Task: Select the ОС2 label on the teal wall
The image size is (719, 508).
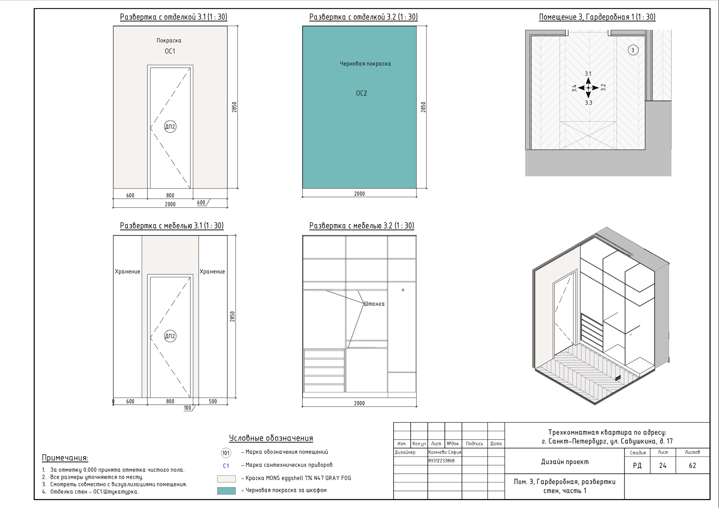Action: click(x=361, y=93)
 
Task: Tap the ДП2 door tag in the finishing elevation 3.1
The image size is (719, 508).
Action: click(x=170, y=127)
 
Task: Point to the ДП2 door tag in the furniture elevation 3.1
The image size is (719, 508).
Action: click(x=170, y=336)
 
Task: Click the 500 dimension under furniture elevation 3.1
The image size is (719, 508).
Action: click(x=213, y=401)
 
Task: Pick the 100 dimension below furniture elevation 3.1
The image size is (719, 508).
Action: click(x=187, y=408)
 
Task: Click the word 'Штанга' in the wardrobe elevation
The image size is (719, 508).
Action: click(x=374, y=304)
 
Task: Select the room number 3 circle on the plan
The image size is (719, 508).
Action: click(x=633, y=50)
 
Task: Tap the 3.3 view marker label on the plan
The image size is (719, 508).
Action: click(x=588, y=103)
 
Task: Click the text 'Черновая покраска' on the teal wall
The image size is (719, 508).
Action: click(x=365, y=64)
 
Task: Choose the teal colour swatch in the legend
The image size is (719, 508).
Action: click(x=226, y=491)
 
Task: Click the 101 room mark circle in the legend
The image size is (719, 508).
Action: click(x=226, y=453)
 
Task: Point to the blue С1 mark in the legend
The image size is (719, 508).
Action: click(x=226, y=466)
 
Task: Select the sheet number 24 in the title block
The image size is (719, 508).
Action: click(x=663, y=465)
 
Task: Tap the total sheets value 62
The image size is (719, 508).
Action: click(x=692, y=465)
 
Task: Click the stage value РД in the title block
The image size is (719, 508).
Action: click(x=637, y=465)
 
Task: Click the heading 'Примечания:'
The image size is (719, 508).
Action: click(x=65, y=458)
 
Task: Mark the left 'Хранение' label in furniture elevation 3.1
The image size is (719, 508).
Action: click(x=128, y=272)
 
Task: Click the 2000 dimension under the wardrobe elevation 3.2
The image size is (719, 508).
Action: click(x=359, y=403)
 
